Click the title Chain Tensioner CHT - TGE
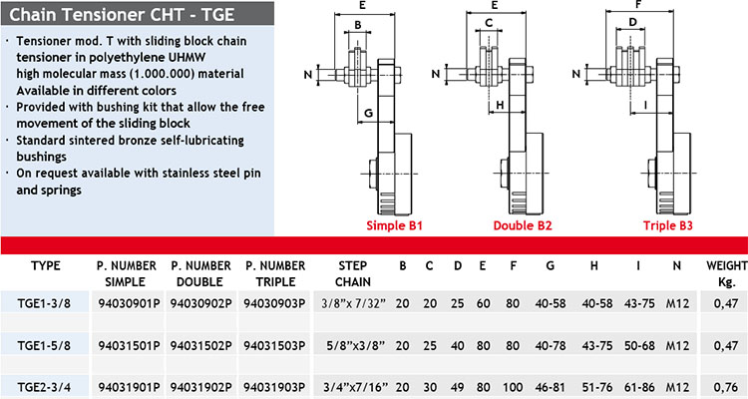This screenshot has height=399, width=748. click(x=122, y=14)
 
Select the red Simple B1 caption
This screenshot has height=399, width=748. click(x=395, y=225)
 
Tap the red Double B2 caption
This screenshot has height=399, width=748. click(x=523, y=225)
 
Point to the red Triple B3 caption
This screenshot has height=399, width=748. click(x=668, y=225)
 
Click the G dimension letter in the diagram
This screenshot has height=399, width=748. click(x=368, y=113)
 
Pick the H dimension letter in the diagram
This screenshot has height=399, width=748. click(x=500, y=105)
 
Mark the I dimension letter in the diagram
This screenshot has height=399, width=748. click(x=645, y=105)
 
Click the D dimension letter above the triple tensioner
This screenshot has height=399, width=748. click(x=632, y=22)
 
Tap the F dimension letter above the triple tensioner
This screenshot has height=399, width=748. click(x=638, y=5)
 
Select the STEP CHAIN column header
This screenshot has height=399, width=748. click(x=352, y=273)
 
